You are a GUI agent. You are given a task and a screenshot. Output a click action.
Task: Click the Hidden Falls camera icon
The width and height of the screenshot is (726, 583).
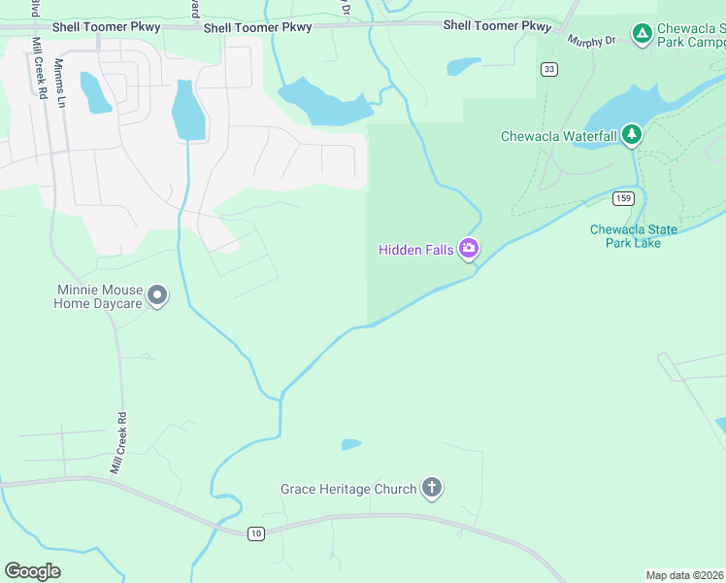tap(469, 250)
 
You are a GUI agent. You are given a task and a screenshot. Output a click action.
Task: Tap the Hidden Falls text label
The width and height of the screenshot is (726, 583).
tap(415, 251)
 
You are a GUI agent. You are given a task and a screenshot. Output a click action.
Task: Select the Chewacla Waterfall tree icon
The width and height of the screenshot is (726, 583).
tap(632, 134)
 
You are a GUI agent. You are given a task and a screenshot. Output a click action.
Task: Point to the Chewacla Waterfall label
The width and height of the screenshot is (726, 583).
tap(558, 136)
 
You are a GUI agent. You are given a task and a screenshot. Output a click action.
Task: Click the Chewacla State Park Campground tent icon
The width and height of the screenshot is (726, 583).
tap(642, 35)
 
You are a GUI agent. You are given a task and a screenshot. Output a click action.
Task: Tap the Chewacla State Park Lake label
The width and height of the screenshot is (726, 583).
tap(634, 236)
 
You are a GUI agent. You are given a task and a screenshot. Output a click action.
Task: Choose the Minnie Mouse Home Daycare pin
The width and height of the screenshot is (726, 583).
tap(157, 295)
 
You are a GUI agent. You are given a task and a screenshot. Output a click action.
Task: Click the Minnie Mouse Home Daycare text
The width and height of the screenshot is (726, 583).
tap(98, 297)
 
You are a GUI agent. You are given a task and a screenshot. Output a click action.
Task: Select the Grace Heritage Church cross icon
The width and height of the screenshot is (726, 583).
tap(432, 489)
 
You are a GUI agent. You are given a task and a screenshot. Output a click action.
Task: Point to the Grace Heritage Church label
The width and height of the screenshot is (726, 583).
tap(348, 490)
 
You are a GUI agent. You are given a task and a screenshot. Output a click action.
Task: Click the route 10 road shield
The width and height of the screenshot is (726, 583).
tap(255, 532)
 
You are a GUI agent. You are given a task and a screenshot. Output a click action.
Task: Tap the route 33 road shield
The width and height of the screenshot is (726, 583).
tap(550, 69)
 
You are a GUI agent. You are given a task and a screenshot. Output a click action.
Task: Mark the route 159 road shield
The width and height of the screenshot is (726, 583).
tap(623, 198)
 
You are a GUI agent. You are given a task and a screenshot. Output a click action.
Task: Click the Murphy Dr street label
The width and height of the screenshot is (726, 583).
tap(592, 41)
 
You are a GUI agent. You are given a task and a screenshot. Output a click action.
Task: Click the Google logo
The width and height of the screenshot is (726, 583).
tap(32, 571)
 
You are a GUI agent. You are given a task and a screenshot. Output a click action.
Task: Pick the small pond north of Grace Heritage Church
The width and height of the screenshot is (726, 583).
tap(350, 445)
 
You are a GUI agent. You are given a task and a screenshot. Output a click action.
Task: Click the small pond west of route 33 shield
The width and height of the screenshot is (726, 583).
tap(463, 67)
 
